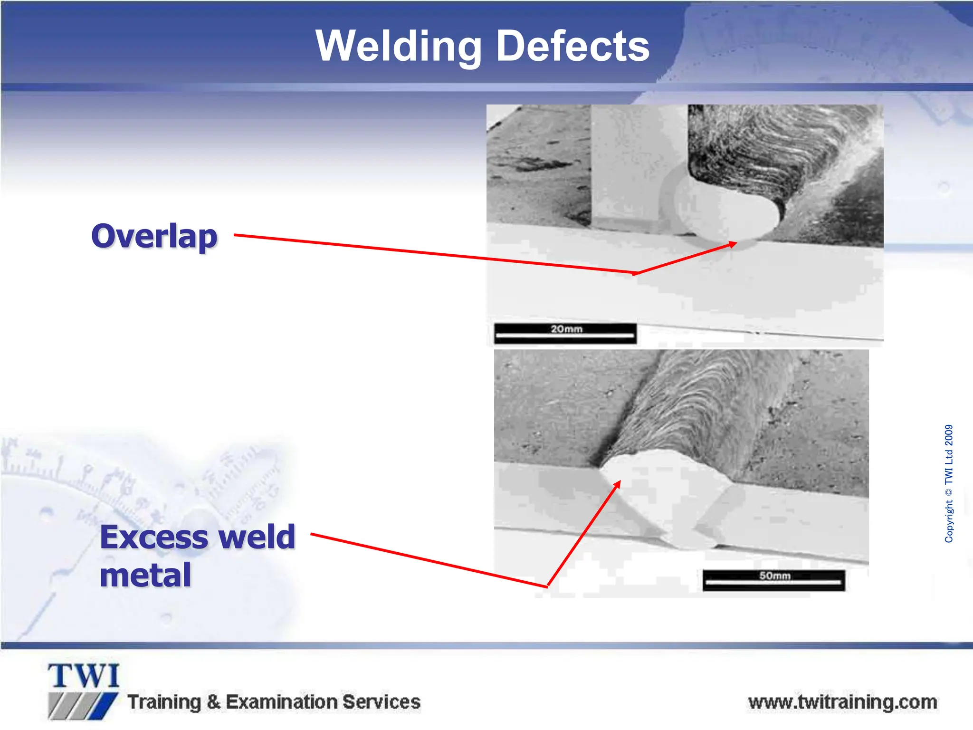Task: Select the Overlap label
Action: click(154, 236)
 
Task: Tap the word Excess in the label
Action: click(154, 537)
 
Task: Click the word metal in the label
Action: click(145, 575)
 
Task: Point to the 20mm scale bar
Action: click(565, 333)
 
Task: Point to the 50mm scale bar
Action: click(773, 580)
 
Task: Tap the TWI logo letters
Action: click(84, 676)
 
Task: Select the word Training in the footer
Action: click(164, 702)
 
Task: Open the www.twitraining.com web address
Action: click(842, 702)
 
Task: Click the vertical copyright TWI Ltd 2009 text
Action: click(948, 483)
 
